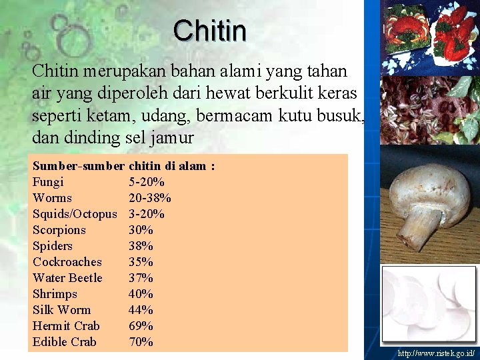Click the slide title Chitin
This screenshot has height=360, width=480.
[x=209, y=30]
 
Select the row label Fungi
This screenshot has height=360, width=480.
[x=48, y=182]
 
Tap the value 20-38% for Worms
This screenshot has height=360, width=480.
[x=149, y=198]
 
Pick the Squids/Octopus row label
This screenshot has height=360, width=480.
[x=75, y=214]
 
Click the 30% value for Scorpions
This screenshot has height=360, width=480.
[x=141, y=230]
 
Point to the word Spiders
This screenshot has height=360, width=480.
[x=53, y=246]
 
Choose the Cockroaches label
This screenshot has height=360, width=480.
[x=67, y=262]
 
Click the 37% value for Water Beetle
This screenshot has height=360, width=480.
[x=141, y=278]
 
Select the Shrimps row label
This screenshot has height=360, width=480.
[x=55, y=294]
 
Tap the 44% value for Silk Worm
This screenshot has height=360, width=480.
[x=141, y=310]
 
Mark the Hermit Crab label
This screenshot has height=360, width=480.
[x=66, y=326]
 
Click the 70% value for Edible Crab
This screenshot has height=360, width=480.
[x=141, y=342]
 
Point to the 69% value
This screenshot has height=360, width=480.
[x=141, y=326]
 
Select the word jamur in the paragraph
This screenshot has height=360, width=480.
[x=174, y=139]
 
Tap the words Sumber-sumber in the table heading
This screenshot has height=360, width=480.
[x=78, y=166]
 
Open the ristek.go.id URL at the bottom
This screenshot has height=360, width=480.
[x=436, y=353]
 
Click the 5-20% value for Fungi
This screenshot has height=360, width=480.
[x=147, y=182]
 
